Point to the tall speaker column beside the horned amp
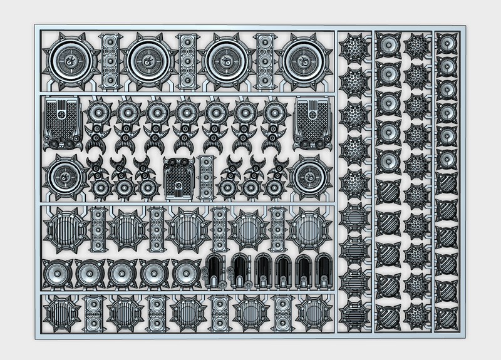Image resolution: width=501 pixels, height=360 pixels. click(x=205, y=178)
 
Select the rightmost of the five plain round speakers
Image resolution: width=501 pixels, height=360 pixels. click(x=183, y=274)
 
